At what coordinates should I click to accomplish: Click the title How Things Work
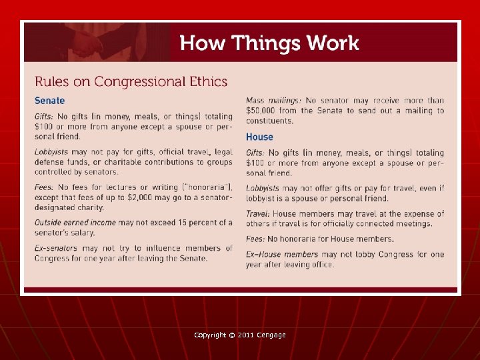tap(269, 43)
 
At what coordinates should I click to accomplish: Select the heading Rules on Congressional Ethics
tap(131, 82)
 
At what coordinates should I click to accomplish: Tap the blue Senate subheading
tap(50, 101)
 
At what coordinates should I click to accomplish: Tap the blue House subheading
tap(259, 137)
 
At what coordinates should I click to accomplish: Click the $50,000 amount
tap(260, 111)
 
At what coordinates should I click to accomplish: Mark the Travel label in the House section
tap(257, 213)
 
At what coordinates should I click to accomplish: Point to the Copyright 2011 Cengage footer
tap(240, 335)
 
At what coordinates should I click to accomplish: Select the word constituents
tap(269, 121)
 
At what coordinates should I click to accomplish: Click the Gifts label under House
tap(255, 153)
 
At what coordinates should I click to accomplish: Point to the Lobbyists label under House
tap(263, 189)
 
